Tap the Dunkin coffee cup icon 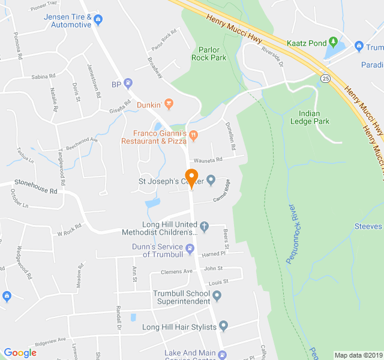click(x=169, y=105)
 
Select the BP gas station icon click(x=128, y=84)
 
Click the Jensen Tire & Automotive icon click(x=99, y=20)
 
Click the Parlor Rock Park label click(x=209, y=53)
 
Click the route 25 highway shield click(x=325, y=78)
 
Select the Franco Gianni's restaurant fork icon click(x=193, y=136)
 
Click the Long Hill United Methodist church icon click(x=204, y=227)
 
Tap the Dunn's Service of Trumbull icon click(x=190, y=248)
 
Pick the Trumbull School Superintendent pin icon click(x=217, y=296)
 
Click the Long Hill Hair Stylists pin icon click(x=224, y=326)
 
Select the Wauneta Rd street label click(x=208, y=160)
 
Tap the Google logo click(x=20, y=353)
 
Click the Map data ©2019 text click(x=357, y=355)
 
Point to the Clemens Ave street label click(x=179, y=271)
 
